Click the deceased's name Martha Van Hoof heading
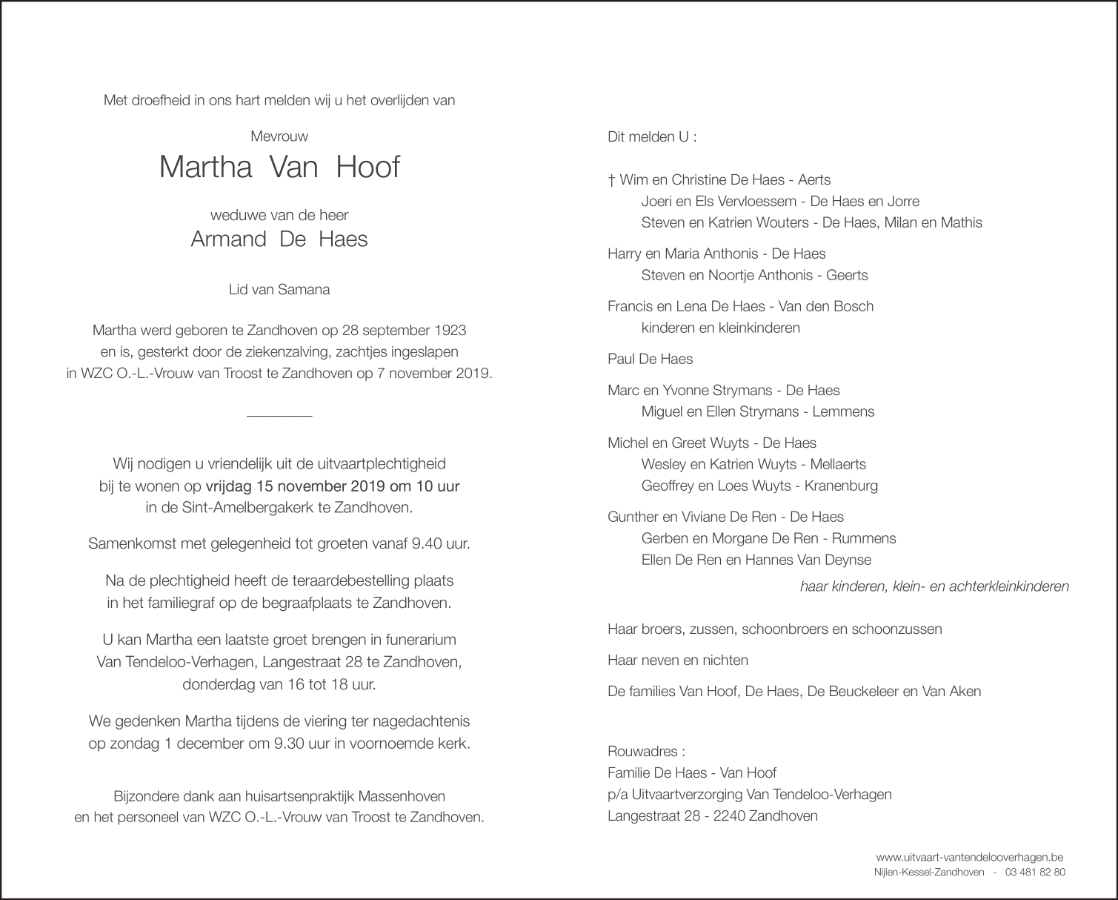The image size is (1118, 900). (279, 168)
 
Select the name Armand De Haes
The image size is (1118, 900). (279, 239)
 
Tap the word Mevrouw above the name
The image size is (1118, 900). (279, 136)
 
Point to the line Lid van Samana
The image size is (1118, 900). (279, 290)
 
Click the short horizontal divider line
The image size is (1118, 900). (279, 415)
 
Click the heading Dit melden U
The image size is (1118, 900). (652, 137)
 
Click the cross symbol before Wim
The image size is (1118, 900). (612, 179)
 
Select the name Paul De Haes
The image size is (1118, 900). (650, 359)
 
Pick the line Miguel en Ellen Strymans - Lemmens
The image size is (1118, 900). (758, 411)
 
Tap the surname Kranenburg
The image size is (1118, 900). (841, 486)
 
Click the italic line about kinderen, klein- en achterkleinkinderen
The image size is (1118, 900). (934, 586)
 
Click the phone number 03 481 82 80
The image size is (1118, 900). (1036, 872)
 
